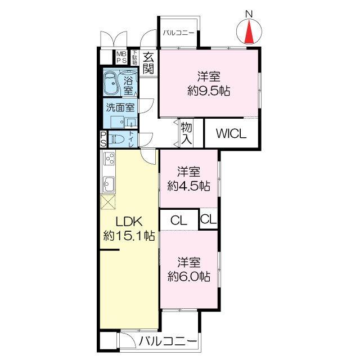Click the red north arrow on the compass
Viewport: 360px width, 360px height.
(x=249, y=32)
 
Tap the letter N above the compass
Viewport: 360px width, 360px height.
(x=249, y=14)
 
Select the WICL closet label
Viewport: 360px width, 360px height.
(x=231, y=133)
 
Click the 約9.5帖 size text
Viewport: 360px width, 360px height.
(x=209, y=91)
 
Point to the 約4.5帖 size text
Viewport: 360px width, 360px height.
(x=188, y=186)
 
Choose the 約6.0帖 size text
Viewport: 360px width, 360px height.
(x=189, y=276)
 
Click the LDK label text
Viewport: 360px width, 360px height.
(x=129, y=222)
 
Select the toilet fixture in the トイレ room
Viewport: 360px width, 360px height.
(x=116, y=139)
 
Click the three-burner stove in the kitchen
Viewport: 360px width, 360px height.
(x=109, y=158)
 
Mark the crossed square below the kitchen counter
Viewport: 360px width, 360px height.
(x=107, y=202)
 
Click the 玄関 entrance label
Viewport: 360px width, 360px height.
(x=148, y=62)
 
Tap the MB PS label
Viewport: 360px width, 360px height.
(x=121, y=57)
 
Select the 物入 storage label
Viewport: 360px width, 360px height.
(x=186, y=133)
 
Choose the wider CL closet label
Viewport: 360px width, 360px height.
(x=179, y=220)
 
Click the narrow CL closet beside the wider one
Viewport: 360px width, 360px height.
(x=208, y=219)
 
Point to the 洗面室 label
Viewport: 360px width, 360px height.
(x=120, y=107)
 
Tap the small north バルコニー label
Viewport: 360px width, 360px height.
(x=178, y=33)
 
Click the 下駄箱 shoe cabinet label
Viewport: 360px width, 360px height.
(x=134, y=58)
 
